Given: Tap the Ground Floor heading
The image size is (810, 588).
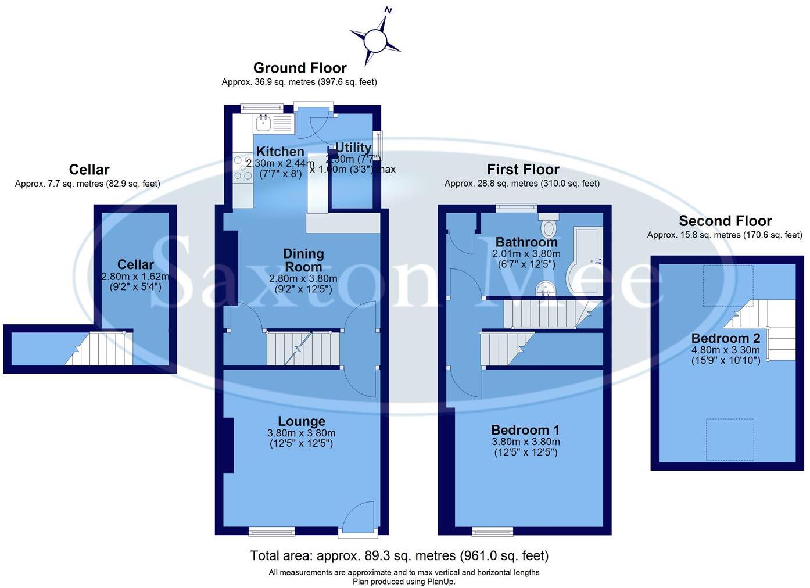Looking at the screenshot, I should point(300,68).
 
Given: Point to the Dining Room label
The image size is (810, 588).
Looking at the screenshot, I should point(303,260).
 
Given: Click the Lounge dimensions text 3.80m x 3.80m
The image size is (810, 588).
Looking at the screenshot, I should point(301,433).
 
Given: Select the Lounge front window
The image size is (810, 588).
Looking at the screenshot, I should point(271,530).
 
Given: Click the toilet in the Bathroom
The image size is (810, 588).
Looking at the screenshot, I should point(549,226).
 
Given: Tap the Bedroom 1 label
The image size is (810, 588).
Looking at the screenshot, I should point(525,430).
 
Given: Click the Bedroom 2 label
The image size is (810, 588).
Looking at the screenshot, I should point(725,338).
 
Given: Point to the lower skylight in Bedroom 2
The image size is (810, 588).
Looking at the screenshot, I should point(730,439).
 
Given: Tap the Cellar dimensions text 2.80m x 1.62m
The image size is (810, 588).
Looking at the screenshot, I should point(135,277).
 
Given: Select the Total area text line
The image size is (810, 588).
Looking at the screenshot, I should point(399,556).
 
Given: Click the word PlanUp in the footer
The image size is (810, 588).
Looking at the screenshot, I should point(439,581).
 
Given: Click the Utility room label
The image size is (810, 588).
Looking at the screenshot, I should point(353,148).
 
